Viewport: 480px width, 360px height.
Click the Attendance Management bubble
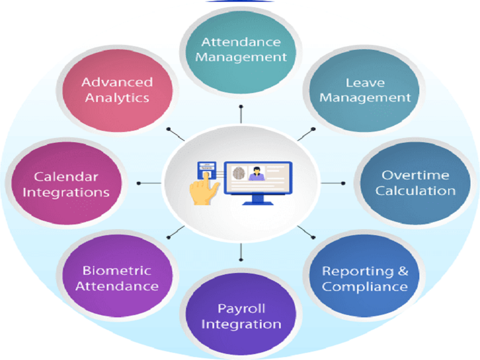241,52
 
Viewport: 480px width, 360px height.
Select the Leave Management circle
364,91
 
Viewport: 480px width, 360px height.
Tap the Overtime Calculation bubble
415,183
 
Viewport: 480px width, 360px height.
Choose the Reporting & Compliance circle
364,275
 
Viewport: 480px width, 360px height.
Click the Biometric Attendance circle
118,275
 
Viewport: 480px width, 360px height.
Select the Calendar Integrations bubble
67,183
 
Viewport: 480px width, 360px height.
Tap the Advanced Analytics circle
118,91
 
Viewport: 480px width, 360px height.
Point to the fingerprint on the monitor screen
239,173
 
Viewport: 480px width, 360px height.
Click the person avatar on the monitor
257,173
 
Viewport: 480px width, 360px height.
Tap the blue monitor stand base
258,203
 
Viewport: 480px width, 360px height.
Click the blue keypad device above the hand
206,170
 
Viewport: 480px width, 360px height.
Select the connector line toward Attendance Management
241,115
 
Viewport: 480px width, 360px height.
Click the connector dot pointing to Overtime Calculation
343,184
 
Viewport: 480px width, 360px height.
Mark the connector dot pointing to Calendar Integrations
139,184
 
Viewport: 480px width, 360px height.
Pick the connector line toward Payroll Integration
241,252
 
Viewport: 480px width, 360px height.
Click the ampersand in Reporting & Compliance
403,271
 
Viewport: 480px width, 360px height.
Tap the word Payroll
241,309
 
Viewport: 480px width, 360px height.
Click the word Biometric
117,271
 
